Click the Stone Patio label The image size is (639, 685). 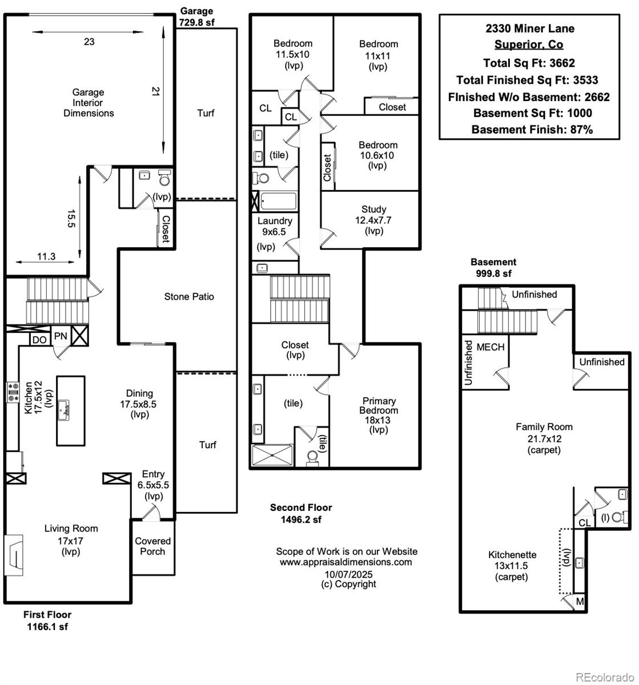point(189,297)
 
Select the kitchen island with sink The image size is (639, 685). point(70,410)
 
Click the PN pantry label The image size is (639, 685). point(61,336)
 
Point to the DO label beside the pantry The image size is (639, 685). point(39,340)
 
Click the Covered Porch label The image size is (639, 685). point(152,546)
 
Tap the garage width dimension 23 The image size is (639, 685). point(89,42)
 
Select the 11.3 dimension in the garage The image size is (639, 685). point(46,257)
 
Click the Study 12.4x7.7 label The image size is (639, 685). point(373,220)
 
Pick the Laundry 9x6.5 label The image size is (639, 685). point(275,227)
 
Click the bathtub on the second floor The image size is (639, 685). point(279,202)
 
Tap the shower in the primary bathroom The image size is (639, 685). point(272,456)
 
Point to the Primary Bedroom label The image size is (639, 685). point(379,415)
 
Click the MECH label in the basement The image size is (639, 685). point(490,347)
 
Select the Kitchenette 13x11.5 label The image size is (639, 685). point(512,565)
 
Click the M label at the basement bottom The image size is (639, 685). point(580,602)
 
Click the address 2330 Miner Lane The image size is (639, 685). point(529,29)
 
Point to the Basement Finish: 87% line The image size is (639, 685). point(532,130)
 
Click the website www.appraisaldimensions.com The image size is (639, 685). point(345,562)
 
